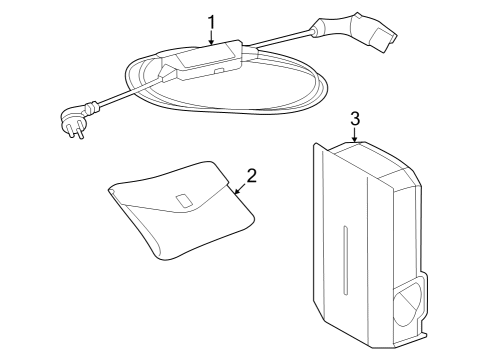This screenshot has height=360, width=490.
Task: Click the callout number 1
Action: click(x=211, y=20)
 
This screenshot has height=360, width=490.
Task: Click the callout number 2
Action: click(x=252, y=175)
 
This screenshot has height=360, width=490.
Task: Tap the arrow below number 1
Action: click(x=211, y=39)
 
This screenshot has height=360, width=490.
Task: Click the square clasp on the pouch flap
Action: click(x=184, y=201)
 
